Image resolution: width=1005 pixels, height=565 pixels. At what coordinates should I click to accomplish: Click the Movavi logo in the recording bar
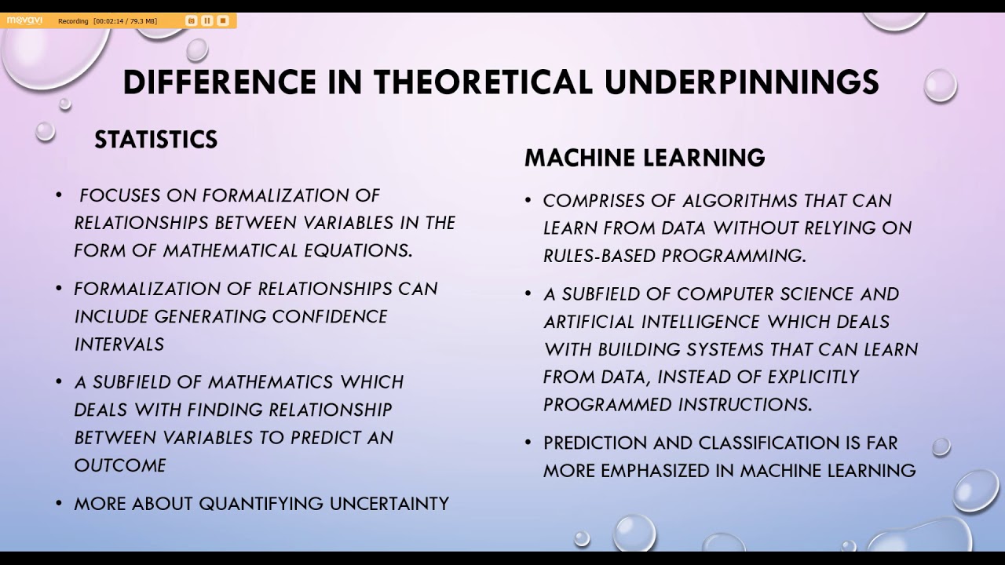[24, 20]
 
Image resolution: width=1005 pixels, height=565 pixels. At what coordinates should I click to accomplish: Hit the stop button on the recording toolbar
[223, 20]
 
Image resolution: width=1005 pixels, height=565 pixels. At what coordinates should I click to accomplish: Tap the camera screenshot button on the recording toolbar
[191, 20]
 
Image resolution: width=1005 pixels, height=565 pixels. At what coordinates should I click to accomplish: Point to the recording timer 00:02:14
[108, 21]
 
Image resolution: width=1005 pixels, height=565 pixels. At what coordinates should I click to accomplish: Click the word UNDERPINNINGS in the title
[742, 82]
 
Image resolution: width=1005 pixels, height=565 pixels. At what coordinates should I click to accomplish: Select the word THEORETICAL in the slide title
[484, 82]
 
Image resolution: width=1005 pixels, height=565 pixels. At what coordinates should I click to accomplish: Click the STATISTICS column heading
[156, 140]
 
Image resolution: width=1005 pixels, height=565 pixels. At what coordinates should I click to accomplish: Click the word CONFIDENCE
[330, 316]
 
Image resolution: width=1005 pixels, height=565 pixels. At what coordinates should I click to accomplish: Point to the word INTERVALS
[119, 344]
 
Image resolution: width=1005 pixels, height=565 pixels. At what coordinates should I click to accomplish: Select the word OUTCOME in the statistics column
[120, 465]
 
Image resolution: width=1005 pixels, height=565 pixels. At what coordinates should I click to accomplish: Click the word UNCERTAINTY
[389, 504]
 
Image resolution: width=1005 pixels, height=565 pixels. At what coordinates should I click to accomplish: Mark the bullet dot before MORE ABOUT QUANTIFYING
[59, 503]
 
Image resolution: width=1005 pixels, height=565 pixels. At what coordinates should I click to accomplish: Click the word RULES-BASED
[599, 256]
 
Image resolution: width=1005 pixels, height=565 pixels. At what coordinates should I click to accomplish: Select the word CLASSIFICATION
[769, 443]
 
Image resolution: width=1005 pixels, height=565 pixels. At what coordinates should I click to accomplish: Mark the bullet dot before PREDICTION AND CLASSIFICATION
[528, 443]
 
